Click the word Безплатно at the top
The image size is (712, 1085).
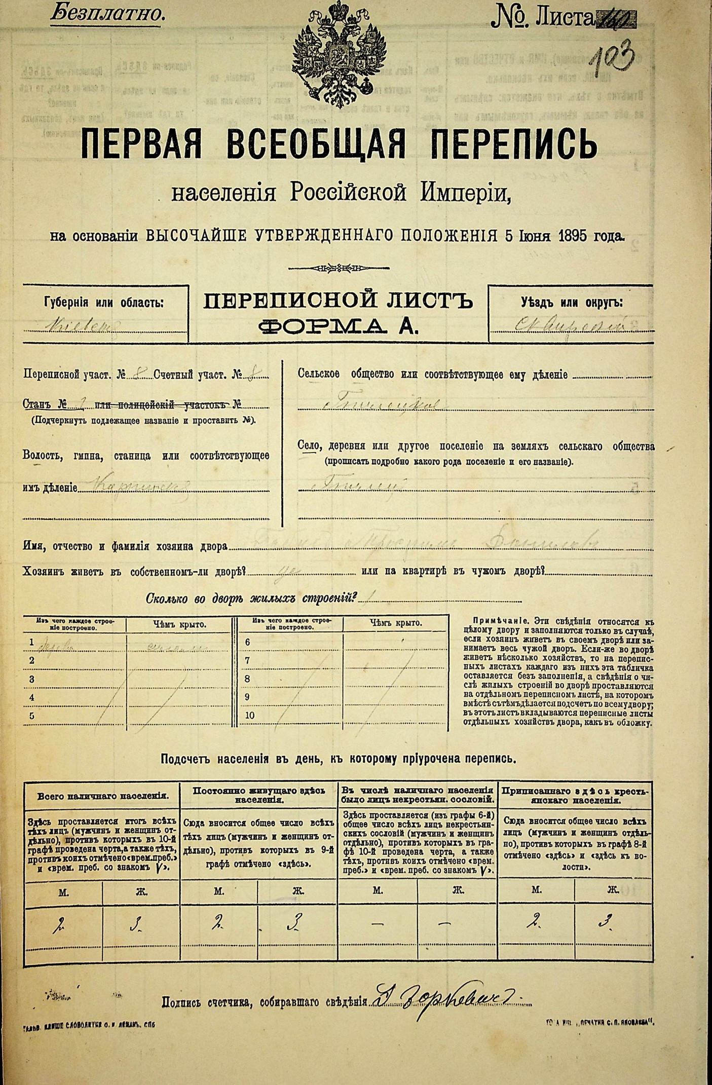point(107,14)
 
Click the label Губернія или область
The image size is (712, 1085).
point(104,303)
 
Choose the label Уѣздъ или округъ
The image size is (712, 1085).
point(572,303)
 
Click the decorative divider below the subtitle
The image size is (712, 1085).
point(339,268)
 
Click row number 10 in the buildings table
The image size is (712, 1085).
point(249,716)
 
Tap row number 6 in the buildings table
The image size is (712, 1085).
point(248,642)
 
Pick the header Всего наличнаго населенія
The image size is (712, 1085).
point(103,796)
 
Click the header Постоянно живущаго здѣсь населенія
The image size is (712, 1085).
point(259,795)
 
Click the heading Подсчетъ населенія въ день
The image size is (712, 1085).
point(339,759)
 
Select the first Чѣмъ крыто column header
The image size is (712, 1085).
point(179,624)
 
